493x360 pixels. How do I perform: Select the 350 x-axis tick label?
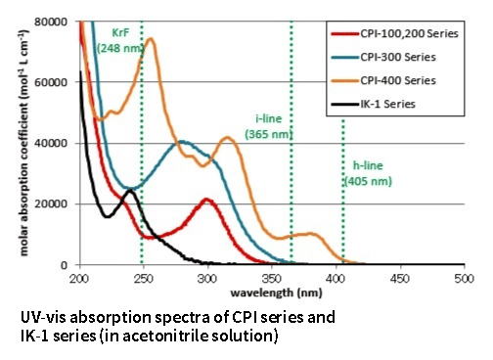[x=336, y=279]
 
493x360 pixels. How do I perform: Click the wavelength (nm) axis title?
[x=273, y=292]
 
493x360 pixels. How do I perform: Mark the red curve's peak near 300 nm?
[x=206, y=200]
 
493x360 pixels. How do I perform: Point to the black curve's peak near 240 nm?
[x=129, y=191]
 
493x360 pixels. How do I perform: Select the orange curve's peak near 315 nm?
[x=228, y=138]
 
